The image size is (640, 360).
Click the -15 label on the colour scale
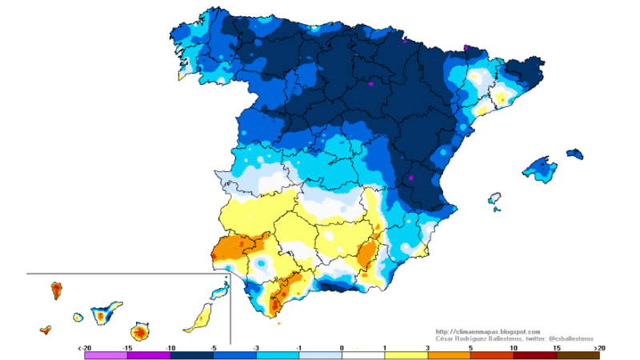(x=126, y=348)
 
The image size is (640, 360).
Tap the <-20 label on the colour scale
(x=84, y=348)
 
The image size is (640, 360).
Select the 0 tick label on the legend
(x=342, y=348)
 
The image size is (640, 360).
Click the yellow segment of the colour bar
(x=406, y=355)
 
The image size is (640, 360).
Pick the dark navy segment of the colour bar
(x=191, y=355)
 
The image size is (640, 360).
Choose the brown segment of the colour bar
(x=578, y=355)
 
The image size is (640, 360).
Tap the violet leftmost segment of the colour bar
(x=105, y=355)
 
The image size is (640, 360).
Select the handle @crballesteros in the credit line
(x=570, y=338)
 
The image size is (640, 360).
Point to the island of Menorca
(x=574, y=153)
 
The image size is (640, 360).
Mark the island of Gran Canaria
(x=140, y=330)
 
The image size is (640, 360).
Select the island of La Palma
(x=57, y=289)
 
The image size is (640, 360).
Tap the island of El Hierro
(x=46, y=329)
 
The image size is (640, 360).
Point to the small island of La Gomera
(x=78, y=318)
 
